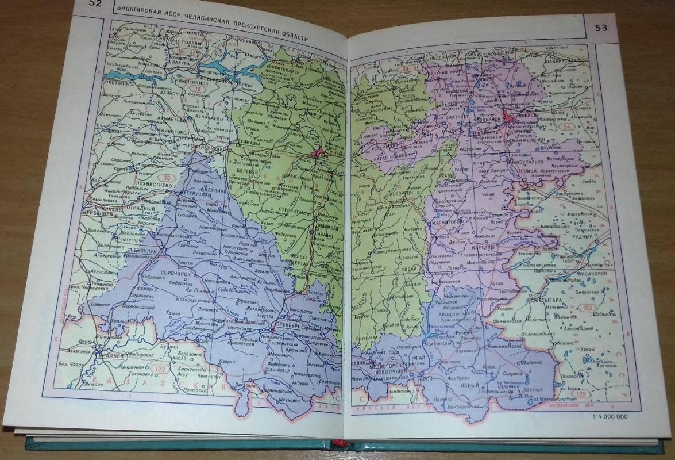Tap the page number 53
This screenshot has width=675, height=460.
601,27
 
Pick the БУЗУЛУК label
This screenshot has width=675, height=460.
140,253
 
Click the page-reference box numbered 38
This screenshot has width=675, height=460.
198,89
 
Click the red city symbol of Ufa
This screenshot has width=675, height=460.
318,153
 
